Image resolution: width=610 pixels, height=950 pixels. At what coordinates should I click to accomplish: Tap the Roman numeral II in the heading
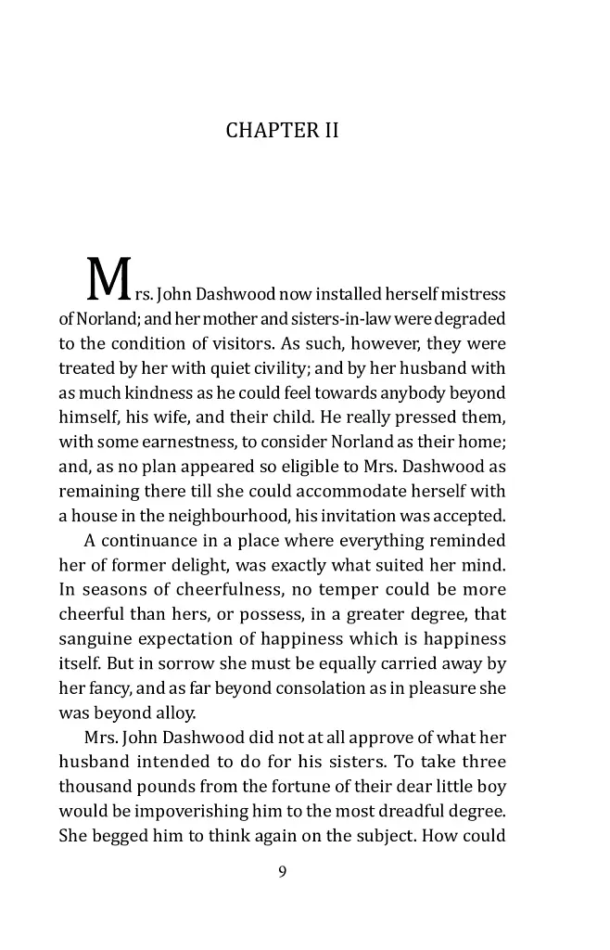tap(330, 131)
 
